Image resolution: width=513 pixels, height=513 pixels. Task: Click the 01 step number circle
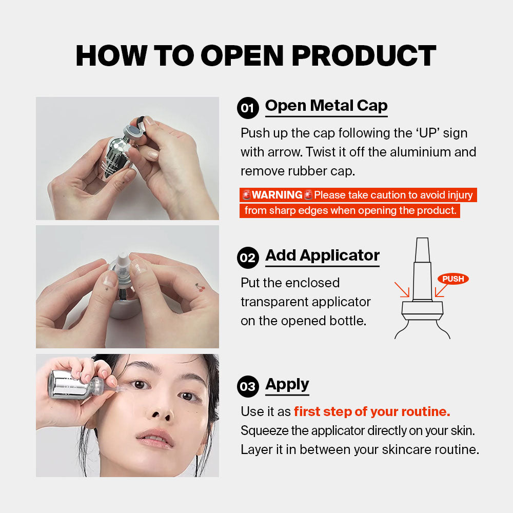pos(248,108)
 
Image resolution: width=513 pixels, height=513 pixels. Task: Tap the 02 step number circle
pos(248,258)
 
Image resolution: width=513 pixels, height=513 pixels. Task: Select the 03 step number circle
pos(248,386)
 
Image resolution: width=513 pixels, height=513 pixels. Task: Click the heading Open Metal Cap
pos(326,106)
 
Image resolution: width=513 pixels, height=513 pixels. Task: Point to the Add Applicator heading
pos(322,255)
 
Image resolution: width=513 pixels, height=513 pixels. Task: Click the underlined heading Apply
pos(287,384)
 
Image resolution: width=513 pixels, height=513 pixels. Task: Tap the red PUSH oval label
pos(453,279)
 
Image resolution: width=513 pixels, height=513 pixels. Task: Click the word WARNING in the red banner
pos(277,195)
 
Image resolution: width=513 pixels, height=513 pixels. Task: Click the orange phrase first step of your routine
pos(372,411)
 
